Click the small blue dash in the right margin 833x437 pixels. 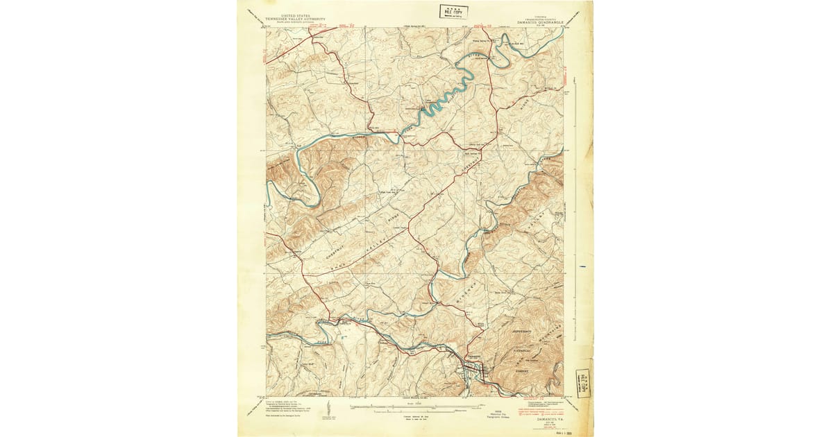click(x=587, y=265)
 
